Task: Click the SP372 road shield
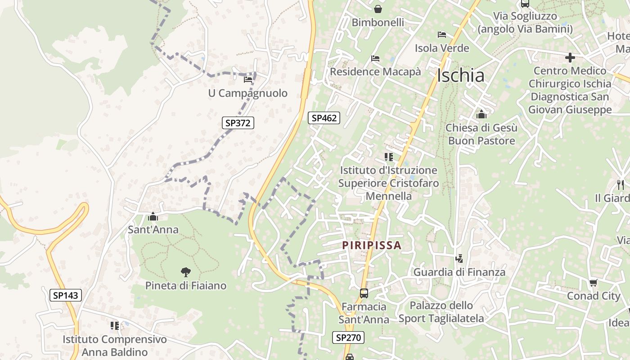[x=238, y=122]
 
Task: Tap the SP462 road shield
[x=324, y=118]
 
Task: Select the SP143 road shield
[x=65, y=295]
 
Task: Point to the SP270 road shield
[x=348, y=337]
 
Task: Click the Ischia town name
[x=460, y=76]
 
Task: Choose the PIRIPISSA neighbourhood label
[x=371, y=245]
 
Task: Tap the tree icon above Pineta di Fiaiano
[x=185, y=272]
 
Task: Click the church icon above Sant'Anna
[x=153, y=216]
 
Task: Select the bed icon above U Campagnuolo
[x=247, y=80]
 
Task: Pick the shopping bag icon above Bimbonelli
[x=378, y=9]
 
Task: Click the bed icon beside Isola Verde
[x=442, y=35]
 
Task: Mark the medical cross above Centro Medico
[x=570, y=58]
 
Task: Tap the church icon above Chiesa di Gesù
[x=481, y=114]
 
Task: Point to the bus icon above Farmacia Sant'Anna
[x=364, y=293]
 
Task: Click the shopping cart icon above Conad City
[x=593, y=283]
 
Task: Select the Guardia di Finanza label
[x=459, y=272]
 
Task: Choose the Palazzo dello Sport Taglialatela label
[x=441, y=312]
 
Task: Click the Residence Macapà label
[x=375, y=72]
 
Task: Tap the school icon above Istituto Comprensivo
[x=114, y=325]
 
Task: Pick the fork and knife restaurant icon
[x=620, y=184]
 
